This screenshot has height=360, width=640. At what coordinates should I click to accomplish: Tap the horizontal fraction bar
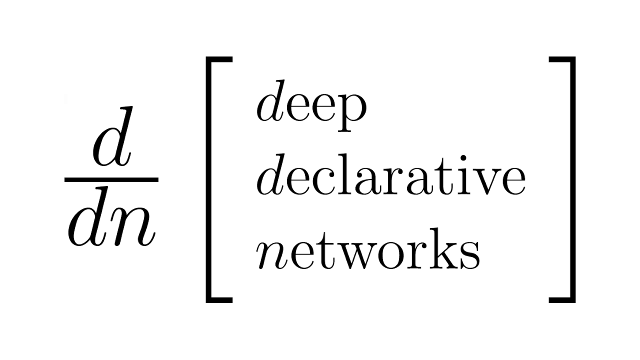pyautogui.click(x=111, y=179)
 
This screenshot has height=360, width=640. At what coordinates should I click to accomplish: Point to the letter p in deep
pyautogui.click(x=352, y=117)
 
